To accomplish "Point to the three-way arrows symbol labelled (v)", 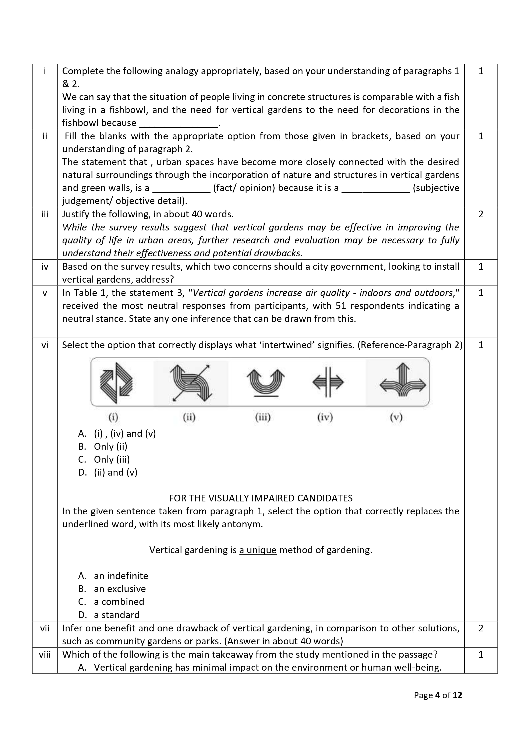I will click(403, 382).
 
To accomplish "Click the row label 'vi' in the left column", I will click(45, 345).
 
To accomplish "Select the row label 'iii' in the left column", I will click(45, 214).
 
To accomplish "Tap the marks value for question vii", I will click(481, 628).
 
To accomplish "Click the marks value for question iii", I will click(481, 214).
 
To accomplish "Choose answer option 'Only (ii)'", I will click(110, 447).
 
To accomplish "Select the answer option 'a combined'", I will click(119, 602).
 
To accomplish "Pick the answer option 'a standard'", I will click(116, 615).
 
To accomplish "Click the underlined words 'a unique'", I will click(258, 550).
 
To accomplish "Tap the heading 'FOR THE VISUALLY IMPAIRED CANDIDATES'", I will click(261, 498).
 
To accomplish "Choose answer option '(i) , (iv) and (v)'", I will click(124, 434).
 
